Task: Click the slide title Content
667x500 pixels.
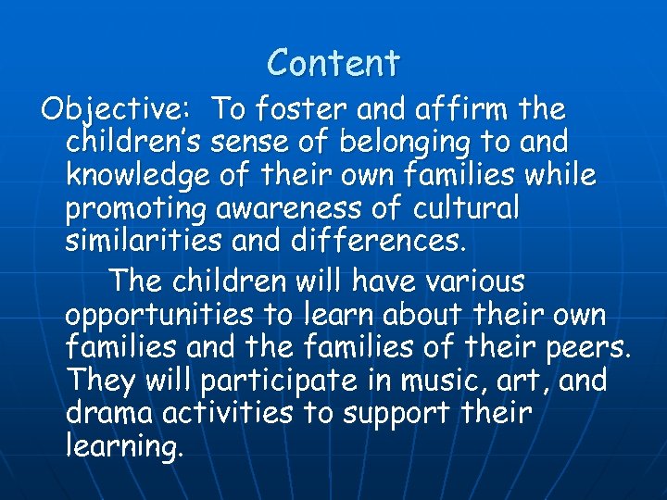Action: click(x=333, y=63)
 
